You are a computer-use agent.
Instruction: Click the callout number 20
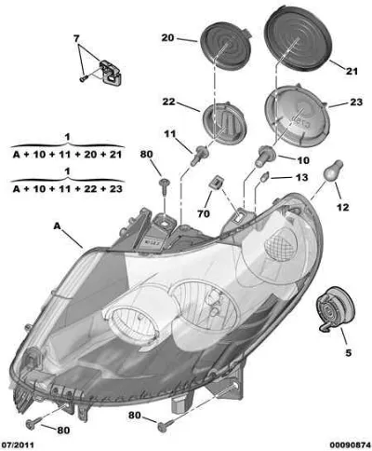pyautogui.click(x=167, y=38)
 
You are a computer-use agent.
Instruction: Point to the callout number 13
pyautogui.click(x=302, y=177)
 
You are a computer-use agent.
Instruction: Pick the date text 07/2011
pyautogui.click(x=18, y=444)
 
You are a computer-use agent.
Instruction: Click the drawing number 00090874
pyautogui.click(x=350, y=444)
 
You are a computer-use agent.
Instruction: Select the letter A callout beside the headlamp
pyautogui.click(x=57, y=226)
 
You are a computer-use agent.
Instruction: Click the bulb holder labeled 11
pyautogui.click(x=199, y=156)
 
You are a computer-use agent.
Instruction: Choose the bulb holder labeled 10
pyautogui.click(x=265, y=157)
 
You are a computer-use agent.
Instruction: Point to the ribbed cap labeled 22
pyautogui.click(x=224, y=122)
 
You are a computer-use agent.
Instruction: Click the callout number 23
pyautogui.click(x=356, y=102)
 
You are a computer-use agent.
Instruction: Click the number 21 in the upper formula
pyautogui.click(x=115, y=154)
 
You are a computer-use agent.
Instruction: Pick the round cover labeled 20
pyautogui.click(x=225, y=45)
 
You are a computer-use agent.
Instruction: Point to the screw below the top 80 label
pyautogui.click(x=164, y=186)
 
